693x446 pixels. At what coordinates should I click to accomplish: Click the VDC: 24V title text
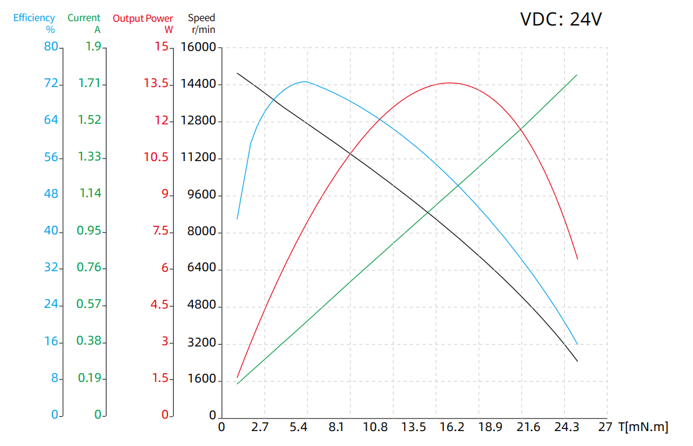pyautogui.click(x=561, y=19)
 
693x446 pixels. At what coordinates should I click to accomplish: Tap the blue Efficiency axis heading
pyautogui.click(x=34, y=23)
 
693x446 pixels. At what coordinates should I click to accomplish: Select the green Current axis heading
pyautogui.click(x=84, y=23)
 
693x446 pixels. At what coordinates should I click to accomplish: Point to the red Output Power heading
pyautogui.click(x=143, y=23)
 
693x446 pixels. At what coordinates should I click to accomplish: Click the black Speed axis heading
pyautogui.click(x=202, y=23)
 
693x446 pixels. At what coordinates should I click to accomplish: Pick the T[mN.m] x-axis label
pyautogui.click(x=643, y=427)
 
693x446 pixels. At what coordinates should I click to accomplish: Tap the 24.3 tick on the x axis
pyautogui.click(x=566, y=427)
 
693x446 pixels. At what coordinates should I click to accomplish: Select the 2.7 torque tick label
pyautogui.click(x=258, y=427)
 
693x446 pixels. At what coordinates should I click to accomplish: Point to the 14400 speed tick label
pyautogui.click(x=198, y=84)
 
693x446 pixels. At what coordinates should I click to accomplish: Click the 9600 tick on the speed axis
pyautogui.click(x=202, y=195)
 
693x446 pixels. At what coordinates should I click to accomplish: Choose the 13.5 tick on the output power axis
pyautogui.click(x=156, y=84)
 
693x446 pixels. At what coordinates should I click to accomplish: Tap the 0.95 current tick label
pyautogui.click(x=89, y=231)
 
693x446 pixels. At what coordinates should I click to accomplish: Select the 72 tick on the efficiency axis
pyautogui.click(x=50, y=84)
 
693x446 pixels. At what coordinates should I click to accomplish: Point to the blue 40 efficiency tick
pyautogui.click(x=50, y=231)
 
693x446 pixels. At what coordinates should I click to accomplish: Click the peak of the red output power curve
pyautogui.click(x=449, y=83)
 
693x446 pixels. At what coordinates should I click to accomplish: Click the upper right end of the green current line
pyautogui.click(x=577, y=75)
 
